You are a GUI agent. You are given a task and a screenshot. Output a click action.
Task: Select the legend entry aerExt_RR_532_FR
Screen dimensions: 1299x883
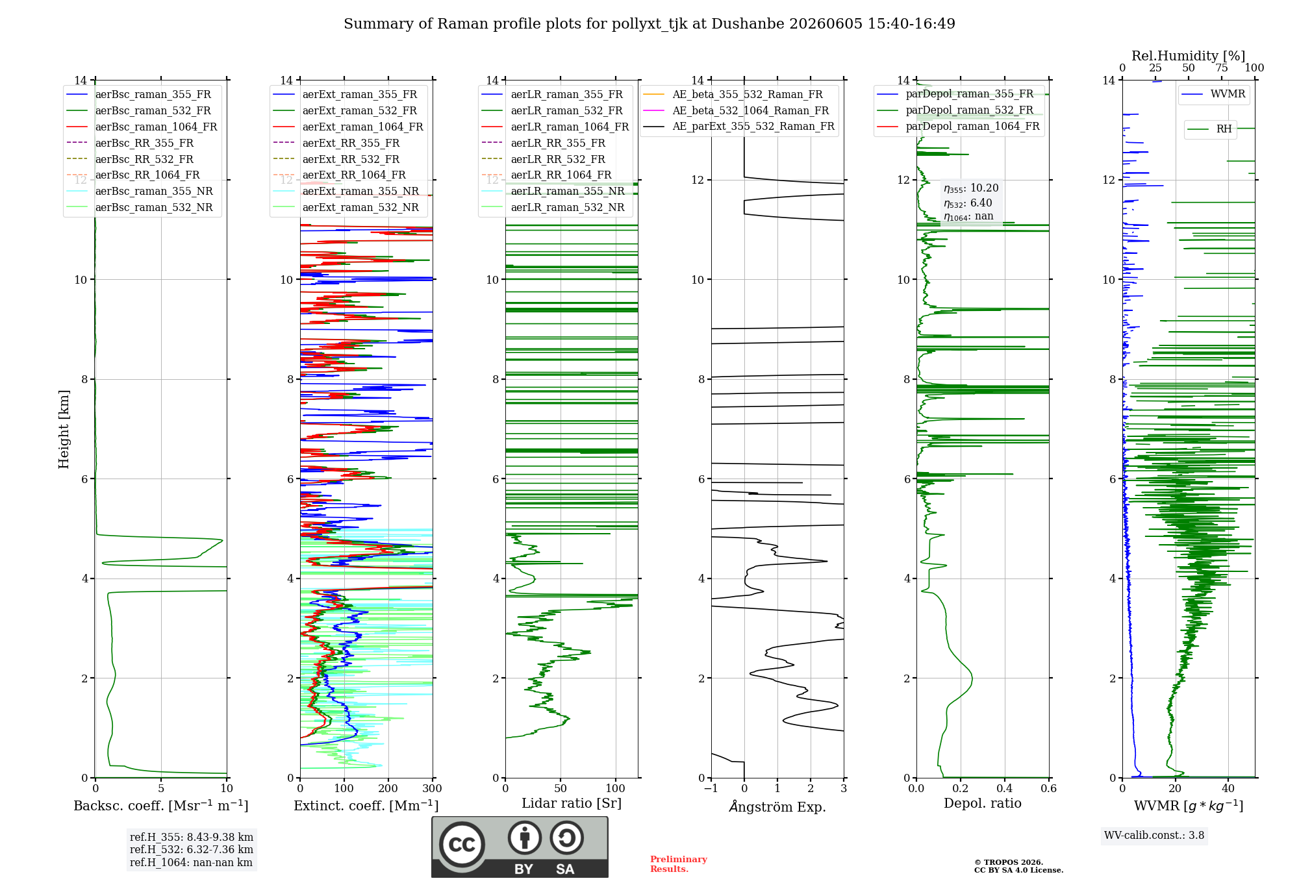[x=351, y=159]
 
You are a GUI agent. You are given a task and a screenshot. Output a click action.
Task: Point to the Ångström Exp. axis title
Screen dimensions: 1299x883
[x=777, y=806]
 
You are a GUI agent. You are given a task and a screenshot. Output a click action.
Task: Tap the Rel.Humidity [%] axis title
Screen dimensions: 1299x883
[x=1188, y=56]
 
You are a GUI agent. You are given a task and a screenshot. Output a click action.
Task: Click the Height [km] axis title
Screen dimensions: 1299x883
[x=64, y=429]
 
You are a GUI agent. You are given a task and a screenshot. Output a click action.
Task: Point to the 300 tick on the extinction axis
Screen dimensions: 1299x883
[x=432, y=788]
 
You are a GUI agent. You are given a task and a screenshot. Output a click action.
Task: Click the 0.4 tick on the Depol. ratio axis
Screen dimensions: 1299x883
[x=1004, y=788]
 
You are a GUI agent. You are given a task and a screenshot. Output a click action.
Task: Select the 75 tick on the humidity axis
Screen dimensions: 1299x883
[x=1222, y=68]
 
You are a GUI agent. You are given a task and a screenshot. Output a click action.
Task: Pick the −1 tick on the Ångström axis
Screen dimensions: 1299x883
[x=711, y=788]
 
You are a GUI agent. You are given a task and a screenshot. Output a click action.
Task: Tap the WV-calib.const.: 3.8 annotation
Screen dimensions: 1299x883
[x=1154, y=836]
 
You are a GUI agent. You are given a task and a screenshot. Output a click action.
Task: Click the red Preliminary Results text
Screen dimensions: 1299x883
[x=679, y=864]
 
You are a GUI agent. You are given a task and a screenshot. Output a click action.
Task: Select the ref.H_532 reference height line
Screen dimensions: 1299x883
[x=192, y=850]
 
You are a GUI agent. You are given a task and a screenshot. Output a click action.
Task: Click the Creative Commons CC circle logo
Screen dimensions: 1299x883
[x=462, y=845]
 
